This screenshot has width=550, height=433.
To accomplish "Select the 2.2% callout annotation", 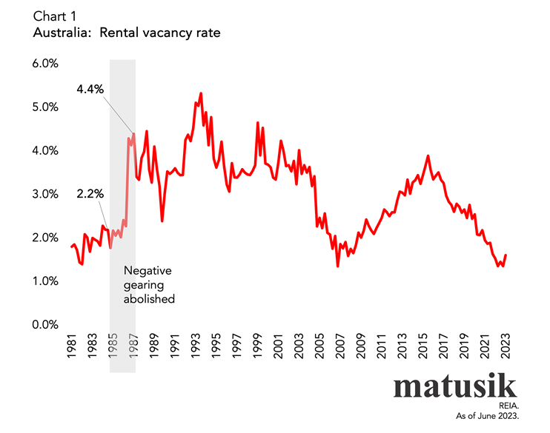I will pyautogui.click(x=90, y=194).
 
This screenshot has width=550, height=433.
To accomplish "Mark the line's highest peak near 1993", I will pyautogui.click(x=201, y=94).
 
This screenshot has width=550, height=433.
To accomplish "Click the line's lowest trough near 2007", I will pyautogui.click(x=338, y=266).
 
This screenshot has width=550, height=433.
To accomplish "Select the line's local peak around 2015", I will pyautogui.click(x=428, y=156).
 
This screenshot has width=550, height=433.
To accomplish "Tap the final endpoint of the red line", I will pyautogui.click(x=506, y=255).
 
